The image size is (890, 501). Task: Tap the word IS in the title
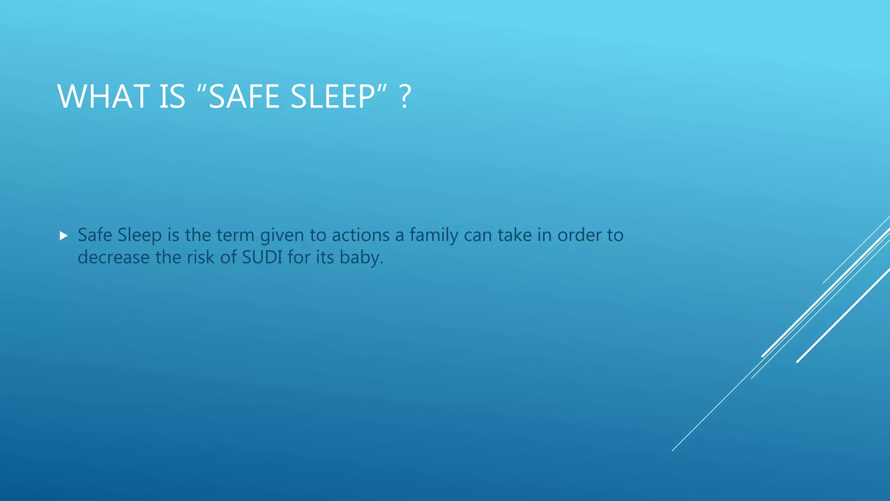tap(172, 97)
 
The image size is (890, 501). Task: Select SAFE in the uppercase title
tap(244, 97)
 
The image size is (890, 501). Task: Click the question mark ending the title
tap(405, 97)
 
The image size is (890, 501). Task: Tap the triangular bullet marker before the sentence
tap(64, 236)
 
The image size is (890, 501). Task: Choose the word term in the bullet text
tap(235, 235)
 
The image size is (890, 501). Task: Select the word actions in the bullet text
tap(361, 235)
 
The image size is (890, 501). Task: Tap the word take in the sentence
tap(515, 235)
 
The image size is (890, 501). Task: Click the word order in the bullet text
tap(577, 235)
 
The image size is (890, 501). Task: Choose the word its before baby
tap(325, 257)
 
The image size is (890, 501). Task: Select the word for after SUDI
tap(299, 257)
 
